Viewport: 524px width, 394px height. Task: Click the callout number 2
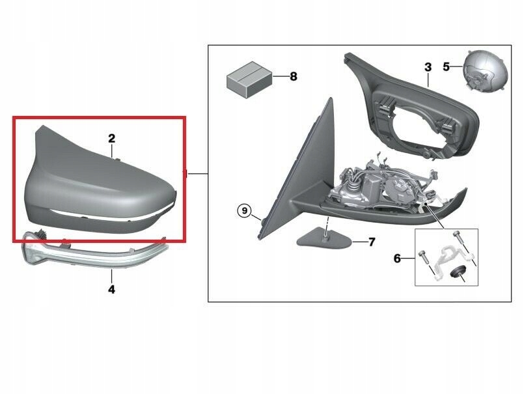coord(111,139)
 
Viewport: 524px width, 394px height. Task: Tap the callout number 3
coord(428,67)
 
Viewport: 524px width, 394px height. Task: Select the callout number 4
coord(111,289)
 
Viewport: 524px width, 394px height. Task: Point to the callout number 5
coord(446,67)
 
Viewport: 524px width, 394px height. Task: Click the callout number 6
coord(397,259)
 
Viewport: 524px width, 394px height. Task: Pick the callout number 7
coord(372,242)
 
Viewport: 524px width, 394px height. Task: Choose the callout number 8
coord(294,77)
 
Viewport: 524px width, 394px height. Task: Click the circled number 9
coord(245,211)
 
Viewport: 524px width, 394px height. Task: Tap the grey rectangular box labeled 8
coord(249,79)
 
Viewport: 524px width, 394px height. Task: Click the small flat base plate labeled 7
coord(324,238)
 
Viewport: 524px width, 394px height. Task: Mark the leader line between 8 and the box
coord(281,77)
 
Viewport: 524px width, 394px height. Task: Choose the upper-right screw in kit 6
coord(458,238)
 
